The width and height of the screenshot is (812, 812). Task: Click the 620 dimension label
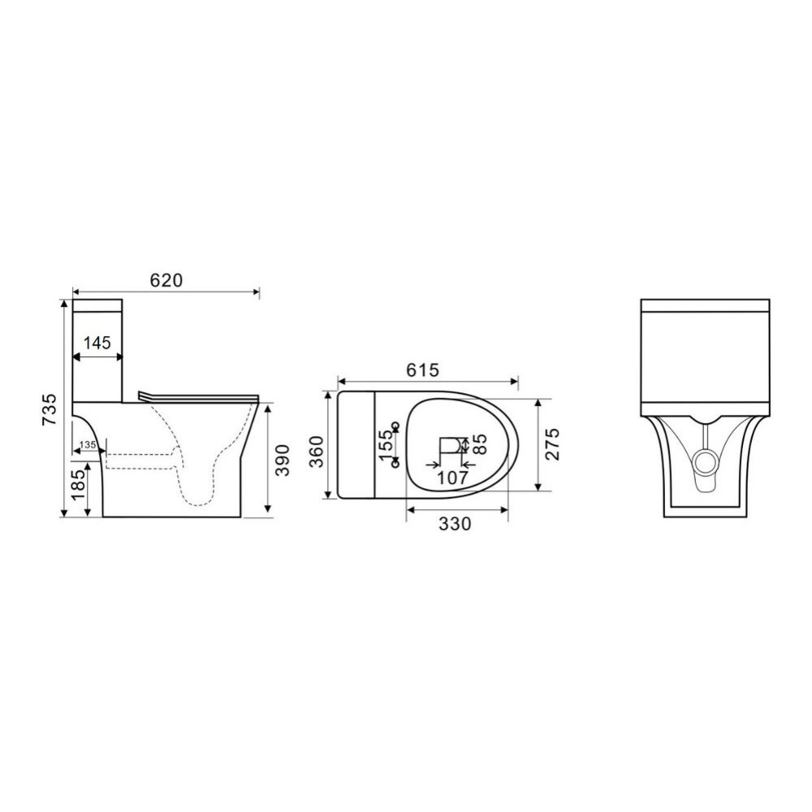[x=166, y=280]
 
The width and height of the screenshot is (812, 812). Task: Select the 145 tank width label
[x=97, y=343]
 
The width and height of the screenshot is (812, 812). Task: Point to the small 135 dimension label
[x=88, y=445]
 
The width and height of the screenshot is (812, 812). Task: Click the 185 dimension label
[x=79, y=485]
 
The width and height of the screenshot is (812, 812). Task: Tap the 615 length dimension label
[x=422, y=369]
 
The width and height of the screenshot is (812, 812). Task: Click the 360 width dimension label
[x=316, y=451]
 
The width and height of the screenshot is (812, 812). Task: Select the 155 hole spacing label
[x=386, y=444]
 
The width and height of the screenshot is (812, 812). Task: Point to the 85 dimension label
[x=481, y=444]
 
